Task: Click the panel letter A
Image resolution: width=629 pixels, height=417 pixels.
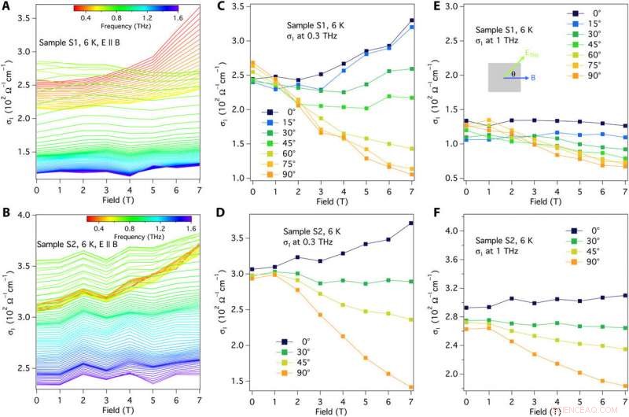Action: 6,6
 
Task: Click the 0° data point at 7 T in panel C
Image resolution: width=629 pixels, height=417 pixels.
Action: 411,20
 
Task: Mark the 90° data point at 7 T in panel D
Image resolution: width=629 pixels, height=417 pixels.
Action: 411,387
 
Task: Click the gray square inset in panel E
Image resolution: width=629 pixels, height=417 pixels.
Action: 503,78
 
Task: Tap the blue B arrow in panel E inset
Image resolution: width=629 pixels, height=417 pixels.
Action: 518,79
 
